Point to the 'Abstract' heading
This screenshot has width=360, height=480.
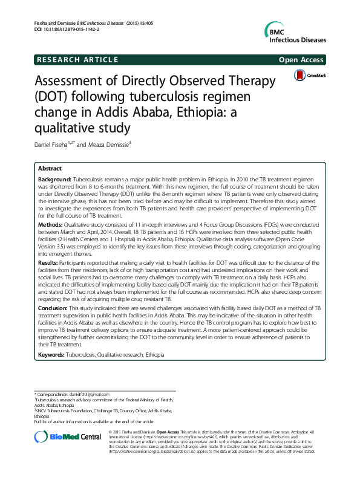(x=52, y=168)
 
